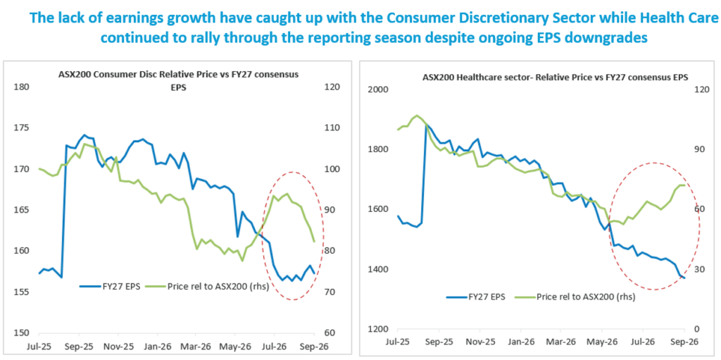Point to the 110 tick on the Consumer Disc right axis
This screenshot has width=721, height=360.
tap(332, 128)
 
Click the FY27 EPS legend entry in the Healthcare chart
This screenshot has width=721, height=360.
tap(475, 297)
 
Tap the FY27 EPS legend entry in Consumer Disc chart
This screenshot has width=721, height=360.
tap(109, 286)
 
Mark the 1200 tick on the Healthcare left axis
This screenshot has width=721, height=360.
tap(378, 329)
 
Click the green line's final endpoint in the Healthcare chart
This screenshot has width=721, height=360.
tap(684, 185)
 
